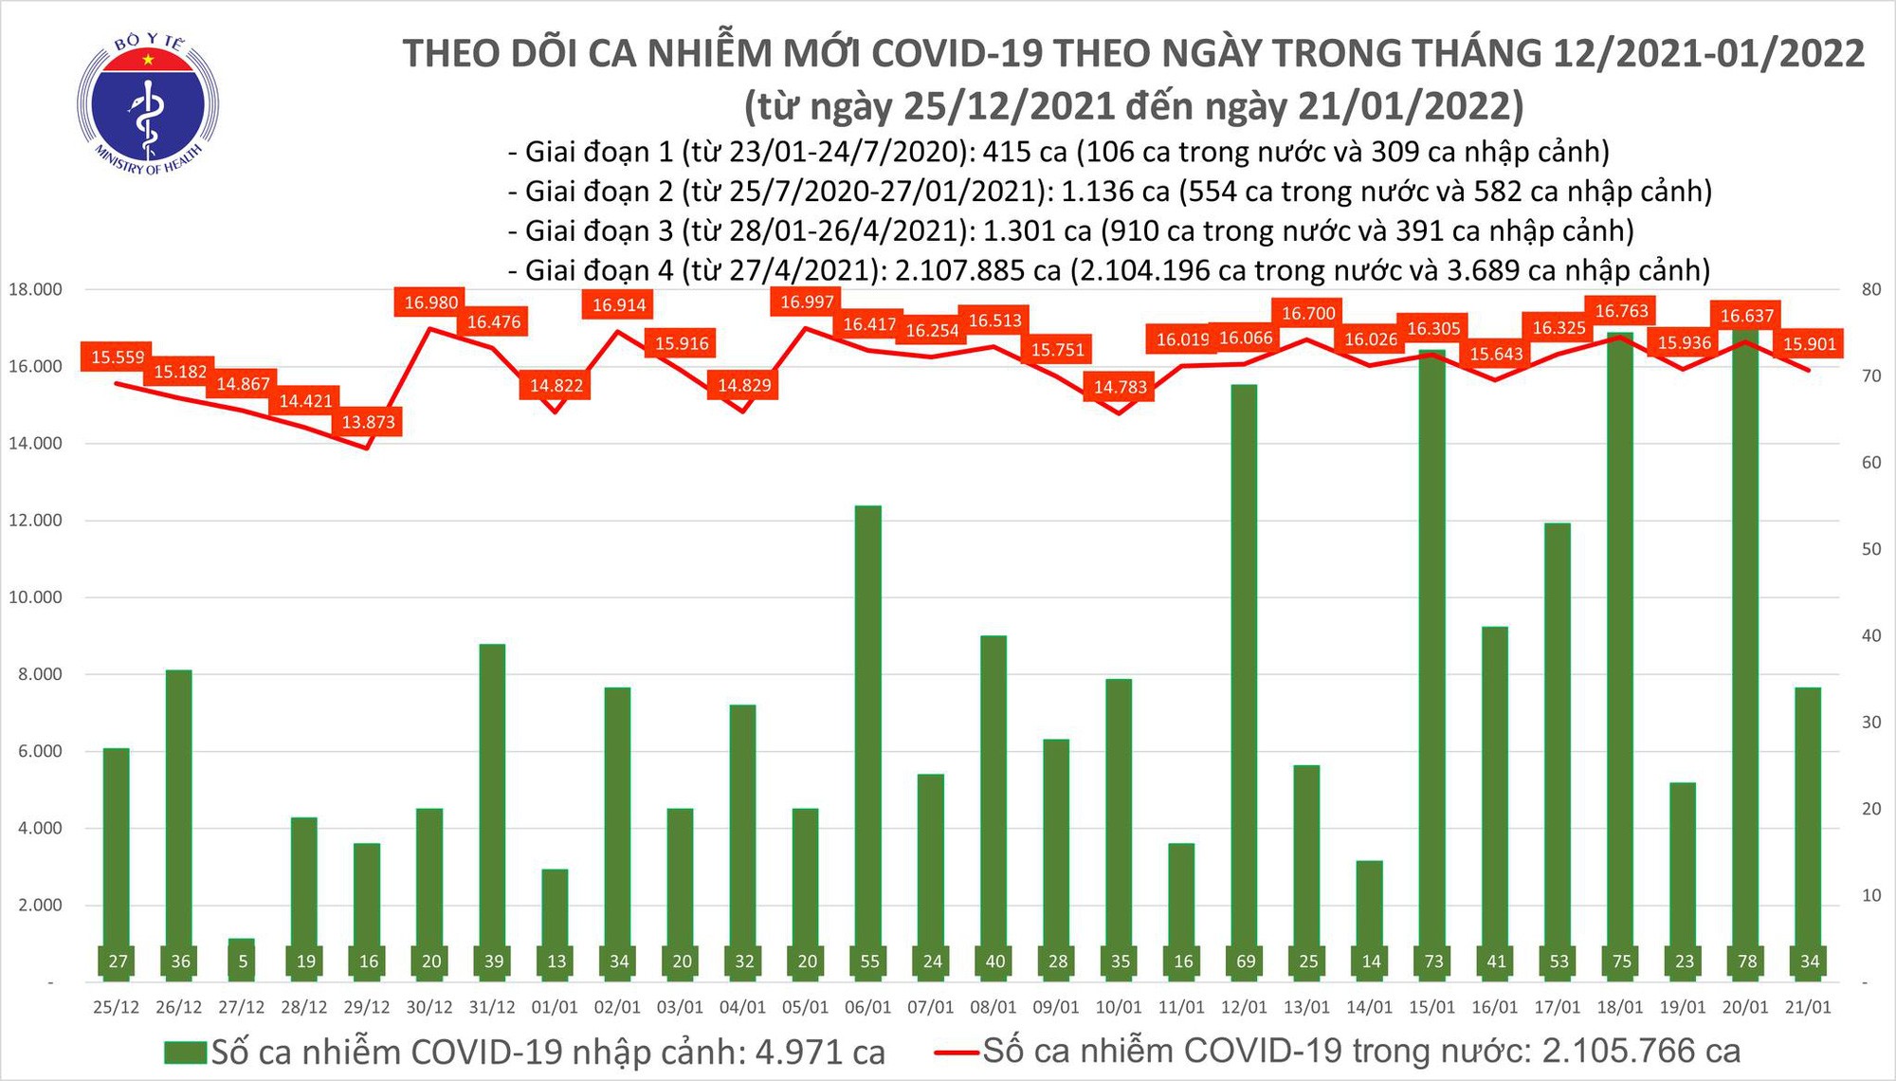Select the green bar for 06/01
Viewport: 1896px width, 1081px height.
868,740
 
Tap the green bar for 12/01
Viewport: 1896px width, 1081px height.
1245,683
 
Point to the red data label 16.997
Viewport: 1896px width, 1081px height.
807,302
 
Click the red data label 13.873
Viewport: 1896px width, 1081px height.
368,422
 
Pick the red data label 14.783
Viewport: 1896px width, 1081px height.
1120,387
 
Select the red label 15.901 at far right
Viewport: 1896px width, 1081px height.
1810,344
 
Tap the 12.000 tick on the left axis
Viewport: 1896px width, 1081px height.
35,521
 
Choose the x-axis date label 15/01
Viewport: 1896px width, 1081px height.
1431,1007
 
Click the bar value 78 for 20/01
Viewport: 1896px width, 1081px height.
1746,962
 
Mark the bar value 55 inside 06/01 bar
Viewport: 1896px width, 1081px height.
869,962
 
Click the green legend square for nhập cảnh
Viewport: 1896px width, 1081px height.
185,1053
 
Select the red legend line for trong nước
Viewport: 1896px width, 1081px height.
956,1052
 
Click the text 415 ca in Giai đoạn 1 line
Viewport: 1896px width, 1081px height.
1025,153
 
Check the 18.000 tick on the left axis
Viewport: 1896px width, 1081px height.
35,289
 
